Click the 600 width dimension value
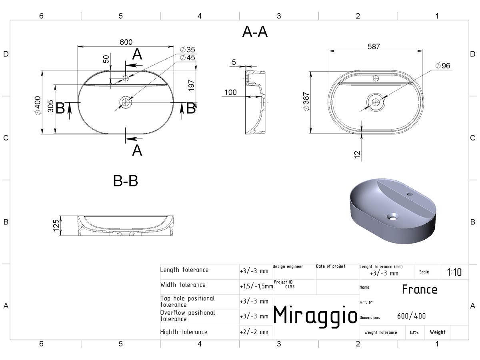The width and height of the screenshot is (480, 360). click(126, 42)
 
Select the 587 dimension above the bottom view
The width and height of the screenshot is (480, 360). click(374, 46)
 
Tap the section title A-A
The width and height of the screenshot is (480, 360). click(255, 32)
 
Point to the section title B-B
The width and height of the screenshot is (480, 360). click(126, 181)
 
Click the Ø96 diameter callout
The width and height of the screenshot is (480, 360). click(443, 66)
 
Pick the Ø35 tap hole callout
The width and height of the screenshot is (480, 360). click(188, 50)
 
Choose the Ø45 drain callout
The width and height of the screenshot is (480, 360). click(188, 58)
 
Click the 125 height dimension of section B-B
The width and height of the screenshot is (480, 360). click(56, 225)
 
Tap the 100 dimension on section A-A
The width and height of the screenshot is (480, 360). click(230, 92)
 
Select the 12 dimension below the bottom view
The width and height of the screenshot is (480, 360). click(357, 154)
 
